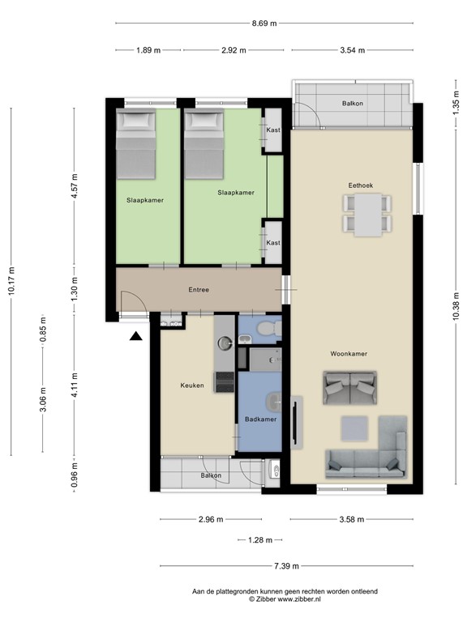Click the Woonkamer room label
click(349, 354)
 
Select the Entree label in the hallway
click(200, 289)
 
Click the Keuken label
click(192, 386)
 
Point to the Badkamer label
click(260, 420)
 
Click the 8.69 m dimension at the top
click(263, 23)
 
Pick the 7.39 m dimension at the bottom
click(285, 566)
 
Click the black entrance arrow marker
click(136, 335)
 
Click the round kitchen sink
click(224, 343)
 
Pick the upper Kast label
click(273, 130)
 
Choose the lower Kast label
click(273, 243)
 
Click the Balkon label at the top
click(353, 104)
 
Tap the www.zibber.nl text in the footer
click(300, 600)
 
